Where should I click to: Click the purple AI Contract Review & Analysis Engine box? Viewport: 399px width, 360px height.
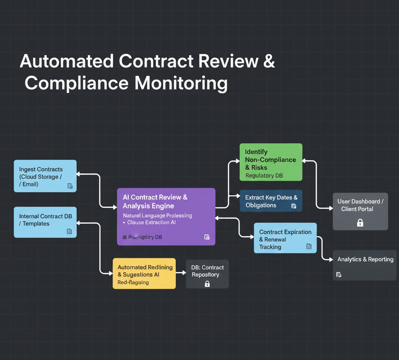(166, 216)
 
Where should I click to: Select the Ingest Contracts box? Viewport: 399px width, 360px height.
(45, 176)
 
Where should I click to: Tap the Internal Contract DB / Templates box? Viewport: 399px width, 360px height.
(45, 222)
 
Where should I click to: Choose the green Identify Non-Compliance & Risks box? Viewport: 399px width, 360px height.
(271, 162)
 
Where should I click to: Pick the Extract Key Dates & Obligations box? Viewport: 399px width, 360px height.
(271, 201)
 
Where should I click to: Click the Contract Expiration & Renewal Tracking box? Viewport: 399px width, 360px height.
(285, 238)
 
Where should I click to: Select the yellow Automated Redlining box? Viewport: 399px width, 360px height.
(144, 273)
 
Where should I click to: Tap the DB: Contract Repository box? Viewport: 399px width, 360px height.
(207, 274)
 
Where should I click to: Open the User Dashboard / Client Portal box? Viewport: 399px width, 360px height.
(360, 211)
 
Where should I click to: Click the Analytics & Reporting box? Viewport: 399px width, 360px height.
(365, 265)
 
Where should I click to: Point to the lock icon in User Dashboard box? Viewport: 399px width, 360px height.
(360, 223)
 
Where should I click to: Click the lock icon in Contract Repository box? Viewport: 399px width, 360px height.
(207, 284)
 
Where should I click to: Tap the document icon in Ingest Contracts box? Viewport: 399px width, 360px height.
(70, 186)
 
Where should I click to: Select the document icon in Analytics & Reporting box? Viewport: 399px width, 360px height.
(339, 275)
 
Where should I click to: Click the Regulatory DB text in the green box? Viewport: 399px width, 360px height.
(264, 176)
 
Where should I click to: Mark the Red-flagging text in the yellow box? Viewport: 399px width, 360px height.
(133, 282)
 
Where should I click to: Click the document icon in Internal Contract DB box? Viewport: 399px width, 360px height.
(69, 232)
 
